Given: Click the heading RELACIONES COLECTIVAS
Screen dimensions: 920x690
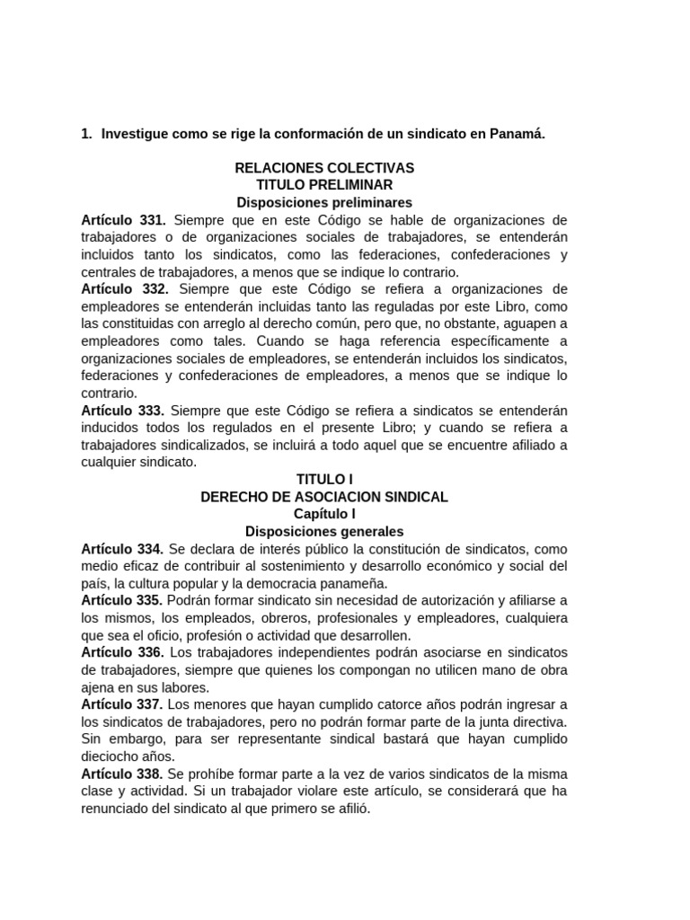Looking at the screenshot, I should pos(324,168).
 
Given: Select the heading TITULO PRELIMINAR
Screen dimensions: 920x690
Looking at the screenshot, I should pos(324,185).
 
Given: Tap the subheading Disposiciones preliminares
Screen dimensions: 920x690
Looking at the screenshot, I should pos(324,202).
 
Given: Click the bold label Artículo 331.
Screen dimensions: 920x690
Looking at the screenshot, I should pos(123,220).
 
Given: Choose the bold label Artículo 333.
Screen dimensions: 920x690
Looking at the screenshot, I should pos(122,411).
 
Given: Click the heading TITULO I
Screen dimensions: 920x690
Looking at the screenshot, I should pos(324,480).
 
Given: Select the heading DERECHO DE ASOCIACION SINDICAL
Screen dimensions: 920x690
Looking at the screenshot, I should pos(324,497).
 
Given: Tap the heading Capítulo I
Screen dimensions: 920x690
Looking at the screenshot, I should pos(324,514).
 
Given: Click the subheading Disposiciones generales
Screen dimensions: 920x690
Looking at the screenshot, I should pos(324,532).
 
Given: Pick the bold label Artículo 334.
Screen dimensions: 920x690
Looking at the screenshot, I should pos(122,549).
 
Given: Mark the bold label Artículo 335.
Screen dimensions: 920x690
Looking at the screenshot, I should pos(122,600).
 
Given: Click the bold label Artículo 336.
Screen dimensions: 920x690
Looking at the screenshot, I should pos(122,652).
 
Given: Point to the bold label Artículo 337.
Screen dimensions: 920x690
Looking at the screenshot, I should pos(122,704).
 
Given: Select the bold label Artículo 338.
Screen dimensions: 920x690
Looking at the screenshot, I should pos(122,774).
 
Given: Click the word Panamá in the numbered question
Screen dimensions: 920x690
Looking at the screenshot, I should pos(517,134).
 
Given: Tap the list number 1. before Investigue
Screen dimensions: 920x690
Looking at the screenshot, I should pos(87,134).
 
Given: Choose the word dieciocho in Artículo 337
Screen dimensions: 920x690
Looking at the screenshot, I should pos(112,756).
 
